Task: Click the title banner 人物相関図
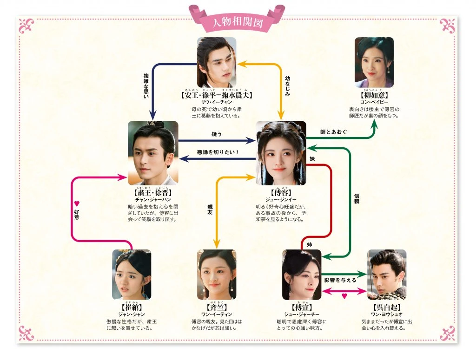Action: click(x=237, y=21)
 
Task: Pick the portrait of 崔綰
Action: click(x=132, y=275)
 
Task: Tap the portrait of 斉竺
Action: click(x=217, y=275)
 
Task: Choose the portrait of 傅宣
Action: click(x=302, y=275)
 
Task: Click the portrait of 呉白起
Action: click(x=387, y=275)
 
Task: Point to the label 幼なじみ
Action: click(x=287, y=86)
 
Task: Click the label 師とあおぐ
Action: click(x=333, y=132)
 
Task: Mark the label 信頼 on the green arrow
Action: click(x=357, y=205)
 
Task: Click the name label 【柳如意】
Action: click(x=374, y=95)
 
